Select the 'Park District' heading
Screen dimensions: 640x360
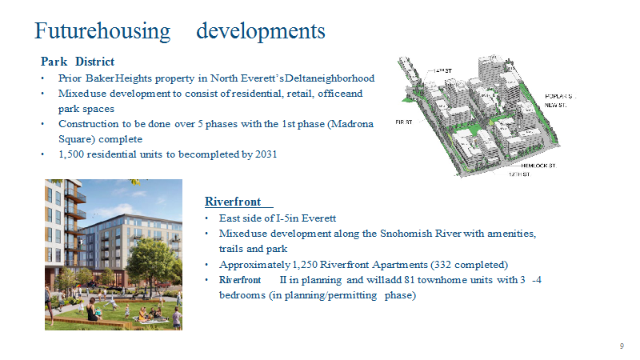pos(77,62)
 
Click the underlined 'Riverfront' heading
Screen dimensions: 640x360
pos(233,202)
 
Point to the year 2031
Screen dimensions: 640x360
pos(266,154)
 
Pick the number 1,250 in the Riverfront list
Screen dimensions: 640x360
pos(305,265)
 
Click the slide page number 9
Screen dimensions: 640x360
pos(622,346)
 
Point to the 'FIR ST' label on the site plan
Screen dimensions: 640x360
pos(404,122)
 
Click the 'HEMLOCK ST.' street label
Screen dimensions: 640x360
pos(538,166)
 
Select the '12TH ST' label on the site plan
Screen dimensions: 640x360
pos(519,174)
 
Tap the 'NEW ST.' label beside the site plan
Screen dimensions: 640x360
pos(555,106)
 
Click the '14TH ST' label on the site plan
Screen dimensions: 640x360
pos(442,70)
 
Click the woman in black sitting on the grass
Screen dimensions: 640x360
pos(94,309)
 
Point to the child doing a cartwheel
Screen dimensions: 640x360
pos(110,303)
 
